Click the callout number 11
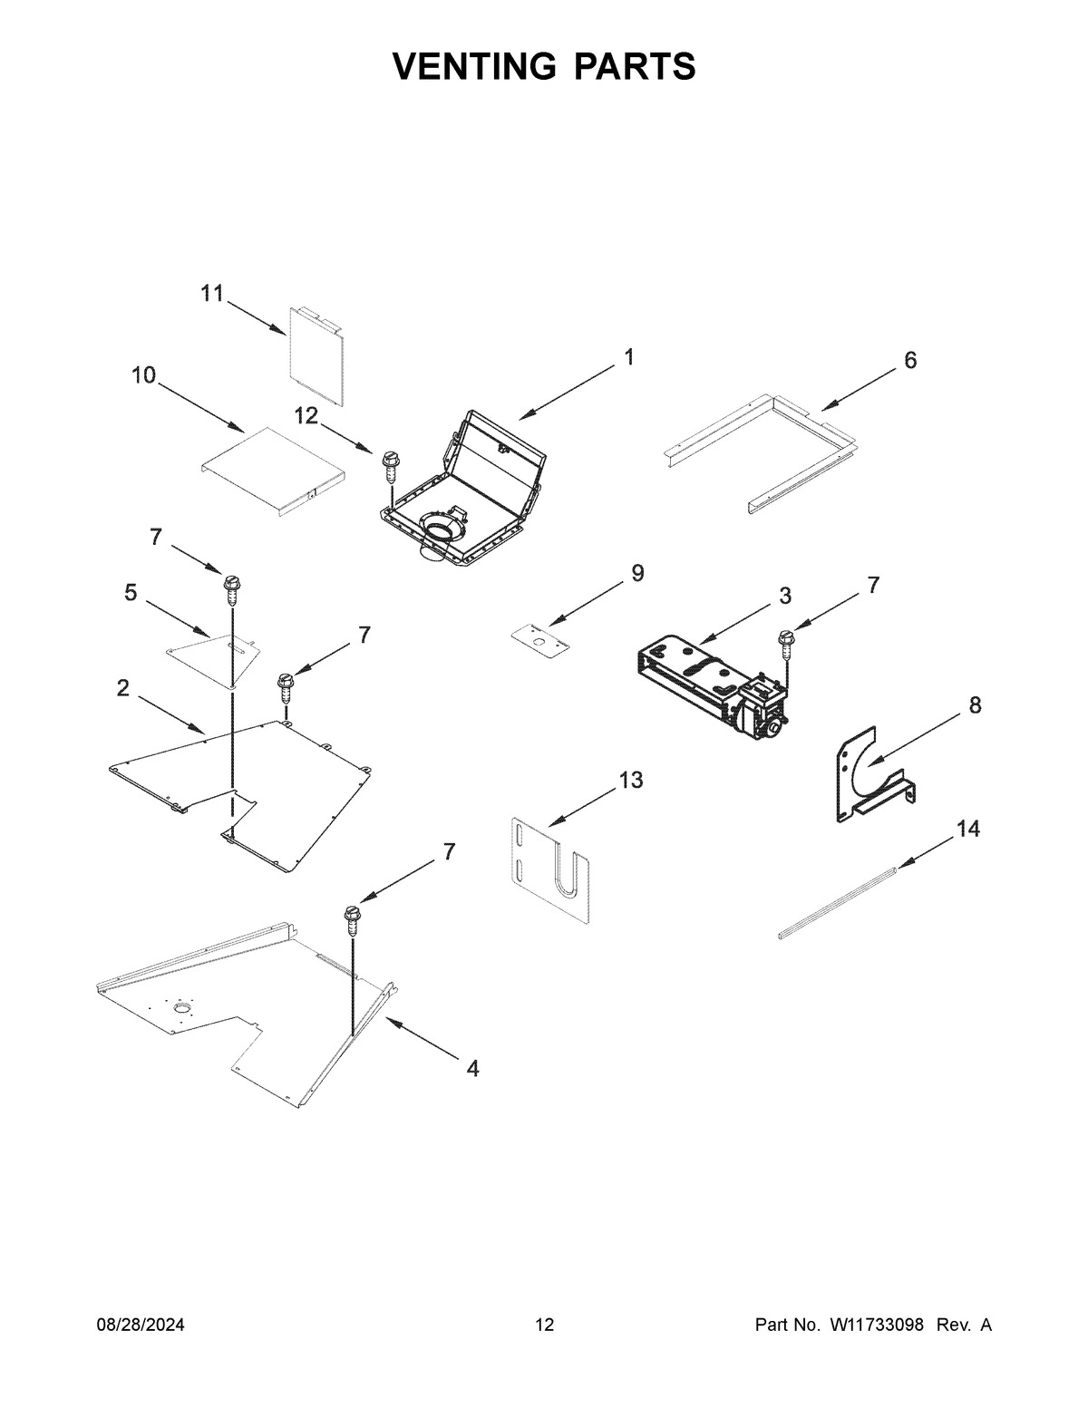(211, 293)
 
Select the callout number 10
(144, 375)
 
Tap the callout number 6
(910, 360)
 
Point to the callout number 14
(968, 829)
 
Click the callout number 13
(631, 779)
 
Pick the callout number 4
(472, 1068)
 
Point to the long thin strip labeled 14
(838, 901)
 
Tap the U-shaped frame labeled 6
(762, 449)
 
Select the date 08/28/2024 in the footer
(141, 1325)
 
